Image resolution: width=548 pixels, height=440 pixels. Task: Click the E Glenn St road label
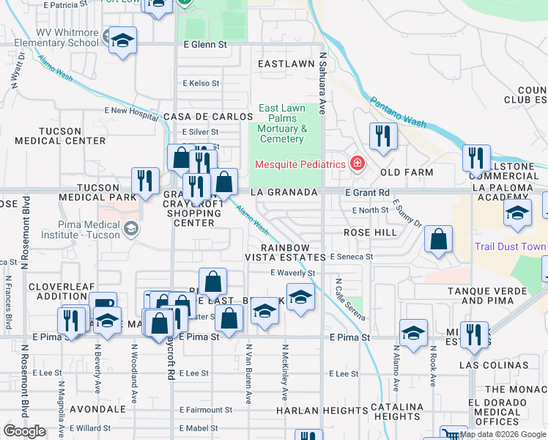[206, 45]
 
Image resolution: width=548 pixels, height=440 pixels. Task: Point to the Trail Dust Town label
[510, 246]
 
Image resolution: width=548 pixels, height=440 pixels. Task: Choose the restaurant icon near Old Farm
[382, 136]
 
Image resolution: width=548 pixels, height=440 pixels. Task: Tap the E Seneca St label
[352, 257]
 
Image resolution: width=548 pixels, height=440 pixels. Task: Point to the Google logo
[24, 431]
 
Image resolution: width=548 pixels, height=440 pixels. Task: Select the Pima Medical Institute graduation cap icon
[130, 229]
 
